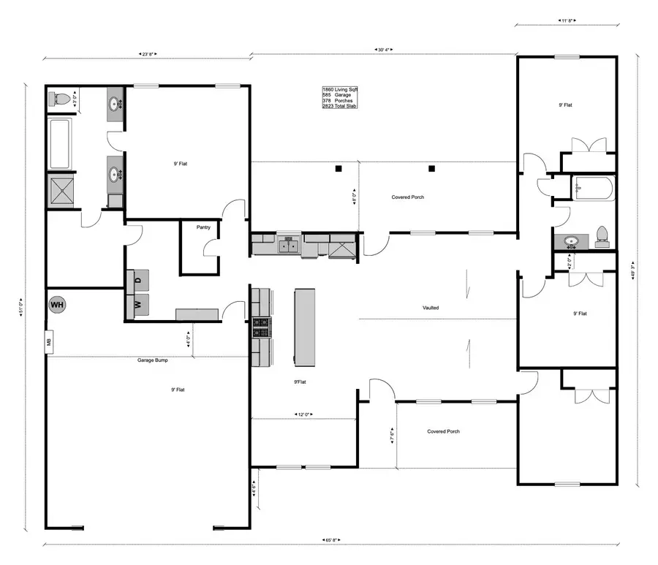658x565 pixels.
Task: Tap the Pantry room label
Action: pos(203,227)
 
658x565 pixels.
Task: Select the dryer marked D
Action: pos(138,279)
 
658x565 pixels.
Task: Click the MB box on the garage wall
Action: pos(49,341)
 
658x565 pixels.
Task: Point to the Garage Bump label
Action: pos(153,360)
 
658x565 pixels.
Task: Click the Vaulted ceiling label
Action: pos(431,308)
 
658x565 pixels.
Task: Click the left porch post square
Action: pos(339,169)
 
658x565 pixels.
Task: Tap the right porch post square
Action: pos(431,169)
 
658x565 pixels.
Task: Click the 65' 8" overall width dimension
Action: pos(330,541)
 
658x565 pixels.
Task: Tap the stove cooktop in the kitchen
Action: pos(261,328)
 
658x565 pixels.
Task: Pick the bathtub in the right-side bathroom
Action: pos(593,189)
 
